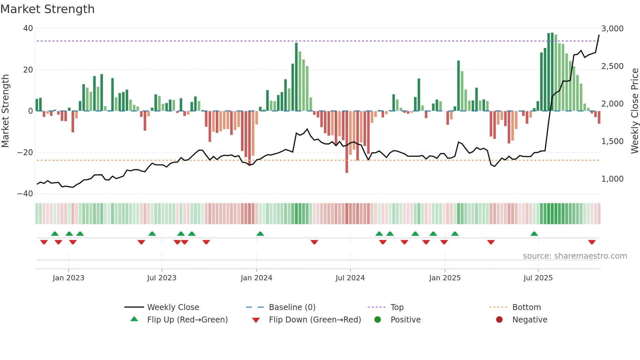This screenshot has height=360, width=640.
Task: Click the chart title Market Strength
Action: coord(47,9)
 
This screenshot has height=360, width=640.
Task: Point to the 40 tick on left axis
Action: coord(28,28)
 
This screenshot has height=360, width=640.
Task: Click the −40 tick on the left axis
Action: coord(25,194)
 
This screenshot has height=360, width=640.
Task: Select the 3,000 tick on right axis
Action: coord(612,29)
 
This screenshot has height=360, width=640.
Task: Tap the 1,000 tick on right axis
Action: coord(612,179)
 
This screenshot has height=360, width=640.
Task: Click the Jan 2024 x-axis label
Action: coord(256,278)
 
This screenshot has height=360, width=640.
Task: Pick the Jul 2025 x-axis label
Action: coord(538,278)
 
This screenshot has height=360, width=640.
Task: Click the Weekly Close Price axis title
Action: coord(634,111)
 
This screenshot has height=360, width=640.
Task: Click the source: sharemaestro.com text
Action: coord(575,256)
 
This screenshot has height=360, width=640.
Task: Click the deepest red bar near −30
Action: coord(347,142)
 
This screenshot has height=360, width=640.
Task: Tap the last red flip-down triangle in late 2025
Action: coord(592,242)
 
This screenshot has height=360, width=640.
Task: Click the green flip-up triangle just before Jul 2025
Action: coord(534,234)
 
